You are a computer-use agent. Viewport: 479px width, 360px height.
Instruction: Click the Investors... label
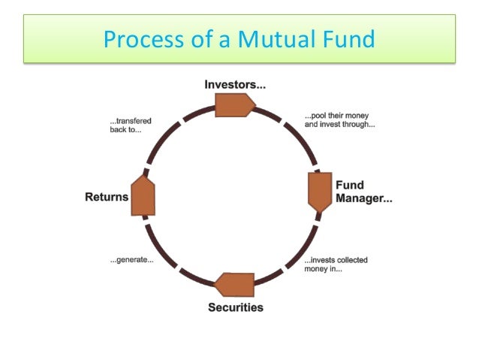click(x=235, y=83)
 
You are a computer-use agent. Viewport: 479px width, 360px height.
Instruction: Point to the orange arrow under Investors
click(x=235, y=104)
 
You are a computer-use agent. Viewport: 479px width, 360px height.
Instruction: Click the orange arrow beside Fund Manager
click(x=320, y=192)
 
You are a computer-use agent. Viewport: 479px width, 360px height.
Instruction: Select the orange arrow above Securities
click(x=235, y=285)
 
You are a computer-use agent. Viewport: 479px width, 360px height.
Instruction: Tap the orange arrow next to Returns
click(x=143, y=197)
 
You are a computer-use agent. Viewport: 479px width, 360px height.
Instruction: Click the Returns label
click(x=107, y=198)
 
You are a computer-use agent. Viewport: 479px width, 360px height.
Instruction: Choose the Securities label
click(x=236, y=307)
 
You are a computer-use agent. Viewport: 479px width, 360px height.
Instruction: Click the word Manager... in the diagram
click(x=363, y=199)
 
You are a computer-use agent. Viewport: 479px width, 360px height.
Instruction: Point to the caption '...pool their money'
click(x=339, y=116)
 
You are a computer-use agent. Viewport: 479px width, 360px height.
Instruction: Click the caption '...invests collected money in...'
click(x=336, y=265)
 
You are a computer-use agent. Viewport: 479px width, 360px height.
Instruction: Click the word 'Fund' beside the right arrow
click(x=350, y=186)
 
